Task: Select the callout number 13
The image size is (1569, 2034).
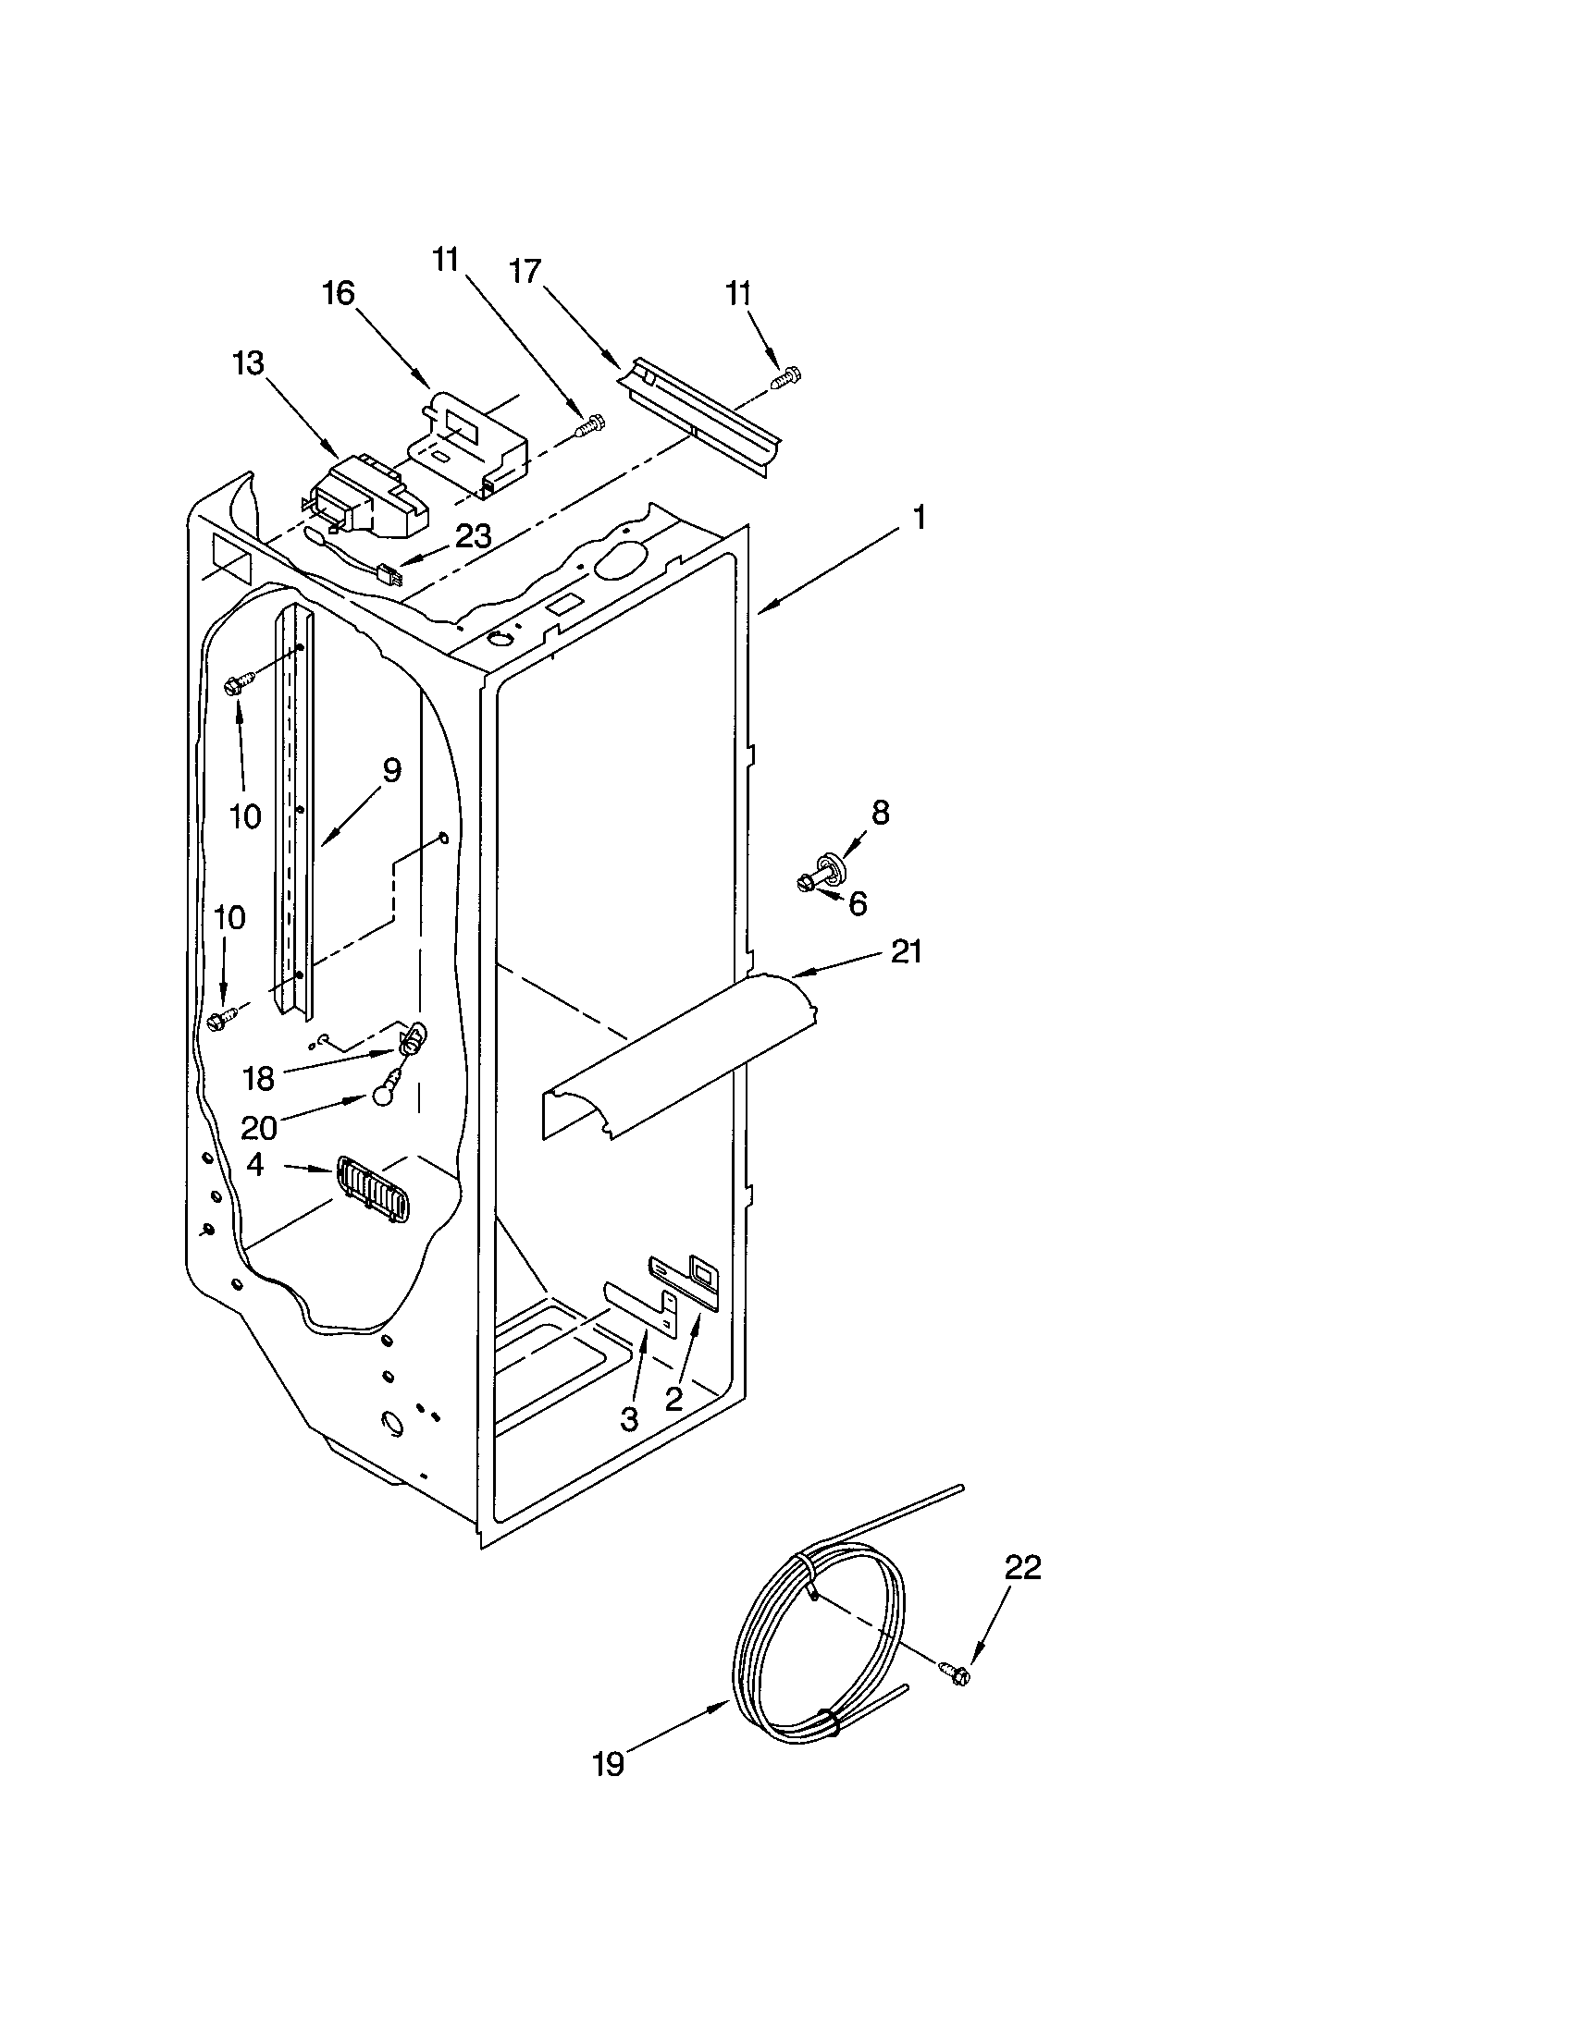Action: [x=248, y=362]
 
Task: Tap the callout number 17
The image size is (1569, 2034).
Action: [x=525, y=271]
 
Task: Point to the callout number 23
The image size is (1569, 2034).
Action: [x=474, y=536]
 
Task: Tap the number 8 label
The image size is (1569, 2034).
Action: [x=880, y=812]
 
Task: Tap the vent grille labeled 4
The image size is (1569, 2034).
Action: [x=372, y=1189]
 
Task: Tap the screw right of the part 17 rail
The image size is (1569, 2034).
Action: [x=788, y=377]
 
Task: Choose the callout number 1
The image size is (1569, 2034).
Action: [x=918, y=517]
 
